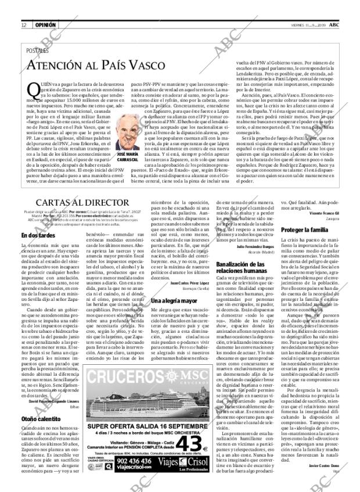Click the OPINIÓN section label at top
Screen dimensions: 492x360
point(45,25)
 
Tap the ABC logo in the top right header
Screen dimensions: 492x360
point(335,25)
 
